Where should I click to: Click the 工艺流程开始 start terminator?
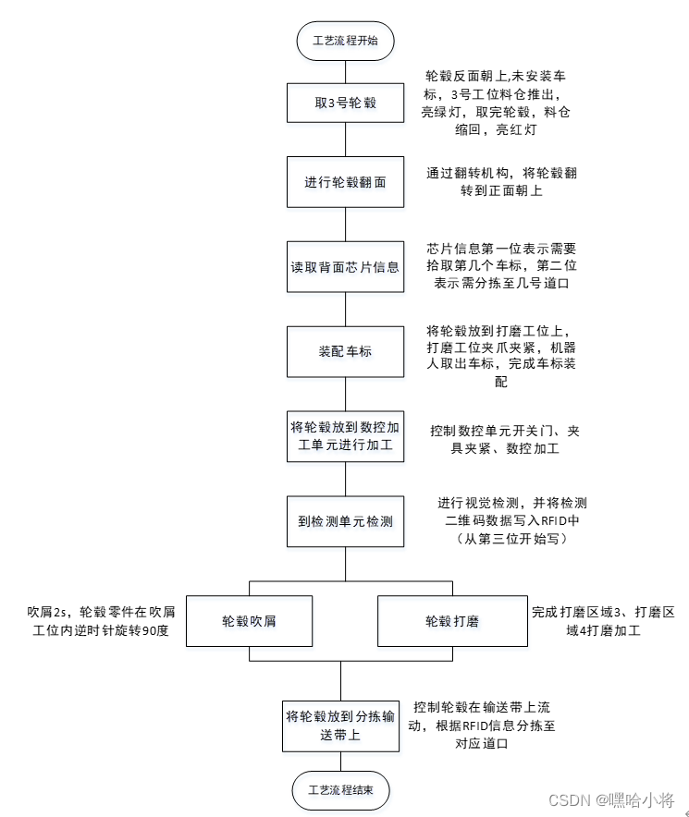click(345, 41)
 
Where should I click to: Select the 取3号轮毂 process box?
click(345, 104)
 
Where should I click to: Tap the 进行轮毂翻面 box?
click(345, 182)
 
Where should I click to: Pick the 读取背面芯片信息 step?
click(345, 267)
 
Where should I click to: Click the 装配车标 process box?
click(345, 352)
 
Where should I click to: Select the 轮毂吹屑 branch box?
click(249, 620)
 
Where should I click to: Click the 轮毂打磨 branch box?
click(451, 620)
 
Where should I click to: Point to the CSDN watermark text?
click(610, 799)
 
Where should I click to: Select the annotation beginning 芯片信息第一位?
click(500, 266)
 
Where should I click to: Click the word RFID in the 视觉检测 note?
click(556, 521)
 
